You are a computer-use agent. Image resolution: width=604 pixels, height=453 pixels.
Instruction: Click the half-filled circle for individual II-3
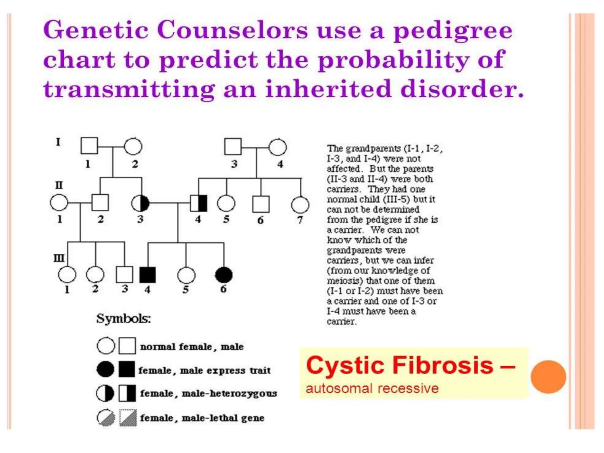coord(140,203)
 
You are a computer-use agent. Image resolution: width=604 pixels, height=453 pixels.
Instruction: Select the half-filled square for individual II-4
coord(199,203)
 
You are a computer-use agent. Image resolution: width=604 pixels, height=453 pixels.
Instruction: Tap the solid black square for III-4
coord(147,275)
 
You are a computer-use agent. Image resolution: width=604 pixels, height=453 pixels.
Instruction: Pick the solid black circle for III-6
coord(224,275)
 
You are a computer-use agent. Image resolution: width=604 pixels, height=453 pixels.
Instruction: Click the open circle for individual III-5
coord(186,275)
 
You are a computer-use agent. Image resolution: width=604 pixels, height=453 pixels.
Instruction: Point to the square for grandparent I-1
coord(89,146)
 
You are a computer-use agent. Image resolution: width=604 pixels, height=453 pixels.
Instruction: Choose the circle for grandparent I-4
coord(278,147)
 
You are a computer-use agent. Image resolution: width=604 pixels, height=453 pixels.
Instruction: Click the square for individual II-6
coord(261,204)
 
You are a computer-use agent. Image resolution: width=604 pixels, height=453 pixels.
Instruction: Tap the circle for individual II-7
coord(300,205)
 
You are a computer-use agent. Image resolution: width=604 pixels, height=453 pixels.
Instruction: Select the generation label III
coord(59,258)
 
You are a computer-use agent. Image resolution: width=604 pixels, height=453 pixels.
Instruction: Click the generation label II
coord(59,185)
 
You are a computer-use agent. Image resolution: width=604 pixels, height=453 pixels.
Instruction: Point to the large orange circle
coord(548,377)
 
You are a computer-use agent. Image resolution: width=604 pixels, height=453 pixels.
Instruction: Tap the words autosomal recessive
coord(372,389)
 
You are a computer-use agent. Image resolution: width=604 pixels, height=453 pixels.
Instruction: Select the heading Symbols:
coord(124,319)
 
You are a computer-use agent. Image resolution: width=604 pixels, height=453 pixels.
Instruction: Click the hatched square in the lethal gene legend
coord(128,418)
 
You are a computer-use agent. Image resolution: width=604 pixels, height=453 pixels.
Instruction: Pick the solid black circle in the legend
coord(106,369)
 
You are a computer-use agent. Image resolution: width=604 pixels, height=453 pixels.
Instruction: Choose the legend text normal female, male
coord(192,347)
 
